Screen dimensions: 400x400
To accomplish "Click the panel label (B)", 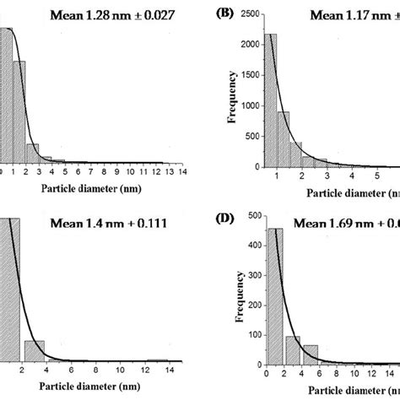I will (225, 14).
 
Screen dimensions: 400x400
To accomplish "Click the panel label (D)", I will (225, 221).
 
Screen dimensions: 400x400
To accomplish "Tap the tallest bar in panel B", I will (272, 100).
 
